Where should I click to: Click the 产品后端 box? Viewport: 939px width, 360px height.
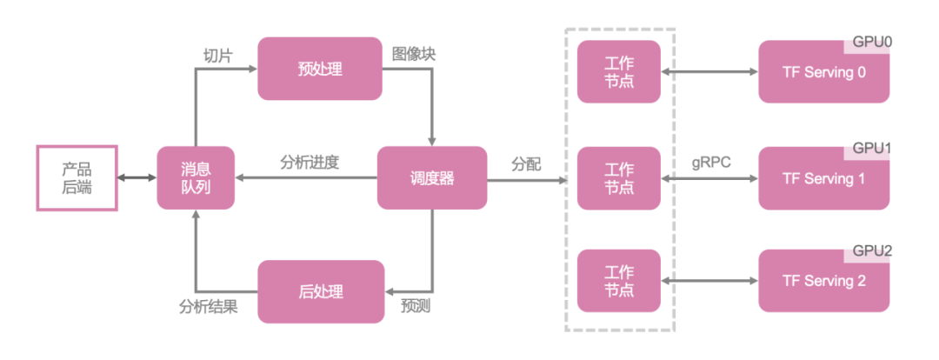(x=77, y=178)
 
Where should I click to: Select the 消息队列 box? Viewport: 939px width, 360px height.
(x=196, y=177)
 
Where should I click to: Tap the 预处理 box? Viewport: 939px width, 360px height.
(x=320, y=68)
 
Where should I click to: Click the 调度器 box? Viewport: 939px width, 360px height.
(x=431, y=177)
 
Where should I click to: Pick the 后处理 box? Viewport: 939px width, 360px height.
(x=320, y=290)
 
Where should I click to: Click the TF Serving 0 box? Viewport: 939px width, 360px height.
(x=823, y=73)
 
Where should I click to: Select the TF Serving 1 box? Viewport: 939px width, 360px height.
(x=823, y=179)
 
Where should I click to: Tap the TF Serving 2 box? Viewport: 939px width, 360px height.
(x=823, y=282)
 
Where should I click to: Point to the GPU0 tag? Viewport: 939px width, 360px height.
(x=870, y=43)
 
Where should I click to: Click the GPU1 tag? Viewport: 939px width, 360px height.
(x=870, y=149)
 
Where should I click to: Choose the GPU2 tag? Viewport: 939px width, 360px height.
(x=870, y=251)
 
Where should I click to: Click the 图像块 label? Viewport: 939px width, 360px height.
(x=414, y=54)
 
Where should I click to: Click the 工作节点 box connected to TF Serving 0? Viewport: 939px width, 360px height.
(x=619, y=70)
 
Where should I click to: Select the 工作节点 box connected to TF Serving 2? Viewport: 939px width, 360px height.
(x=619, y=280)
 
